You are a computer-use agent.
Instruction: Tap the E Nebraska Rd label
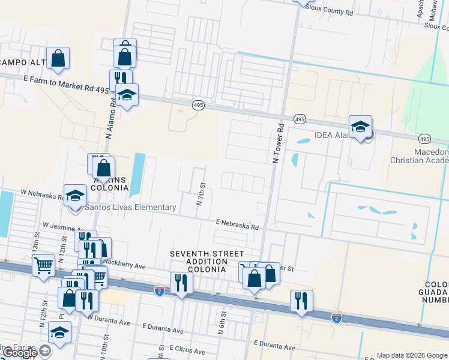tap(237, 224)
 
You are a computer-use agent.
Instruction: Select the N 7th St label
tap(201, 194)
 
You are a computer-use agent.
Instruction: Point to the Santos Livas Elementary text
tap(130, 208)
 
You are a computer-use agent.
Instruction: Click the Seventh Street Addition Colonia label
tap(199, 262)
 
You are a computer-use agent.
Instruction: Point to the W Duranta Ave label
tap(108, 322)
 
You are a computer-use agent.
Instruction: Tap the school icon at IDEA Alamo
tap(360, 127)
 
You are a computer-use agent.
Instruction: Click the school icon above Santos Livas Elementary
tap(76, 196)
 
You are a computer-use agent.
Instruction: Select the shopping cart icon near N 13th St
tap(43, 265)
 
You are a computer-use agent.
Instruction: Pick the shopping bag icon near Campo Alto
tap(58, 58)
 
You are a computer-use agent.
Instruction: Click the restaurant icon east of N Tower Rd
tap(301, 301)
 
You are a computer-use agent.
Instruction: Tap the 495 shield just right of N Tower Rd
tap(299, 121)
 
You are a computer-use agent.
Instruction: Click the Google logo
tap(19, 353)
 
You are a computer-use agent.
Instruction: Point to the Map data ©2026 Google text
tap(411, 355)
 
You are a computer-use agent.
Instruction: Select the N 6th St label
tap(222, 318)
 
